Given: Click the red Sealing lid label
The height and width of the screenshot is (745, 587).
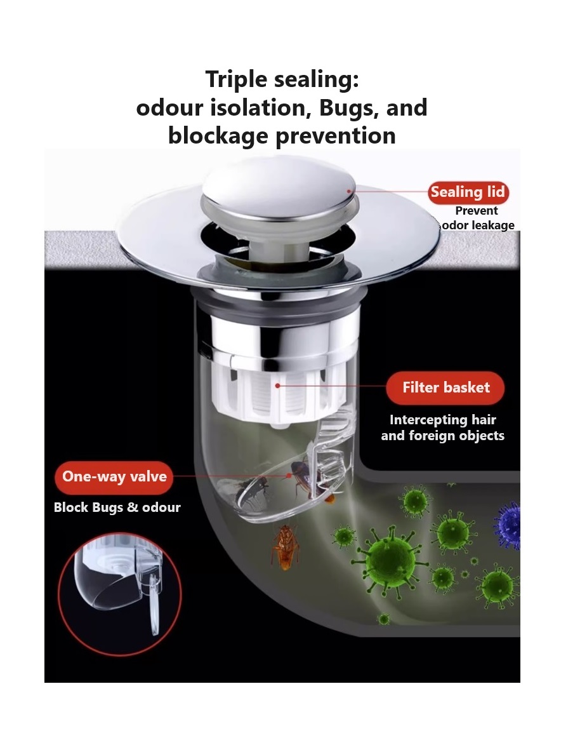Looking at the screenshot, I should (x=468, y=192).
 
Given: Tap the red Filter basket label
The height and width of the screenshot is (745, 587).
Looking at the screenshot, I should (x=445, y=387).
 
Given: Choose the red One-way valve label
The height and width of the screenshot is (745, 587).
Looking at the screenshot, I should (x=114, y=476).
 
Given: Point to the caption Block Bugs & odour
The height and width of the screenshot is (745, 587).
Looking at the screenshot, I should (x=117, y=507).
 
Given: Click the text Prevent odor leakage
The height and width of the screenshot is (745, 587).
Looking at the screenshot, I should (x=478, y=218).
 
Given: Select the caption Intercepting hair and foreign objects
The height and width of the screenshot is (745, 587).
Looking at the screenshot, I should (x=442, y=427).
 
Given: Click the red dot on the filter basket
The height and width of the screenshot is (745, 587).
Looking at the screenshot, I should (x=277, y=386).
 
